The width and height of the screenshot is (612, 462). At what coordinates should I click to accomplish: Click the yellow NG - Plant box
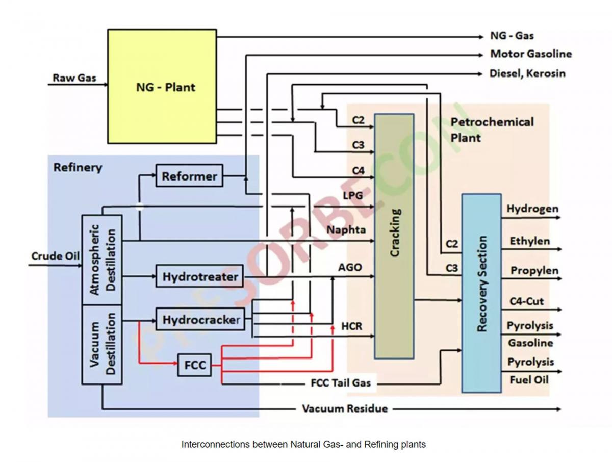coord(162,86)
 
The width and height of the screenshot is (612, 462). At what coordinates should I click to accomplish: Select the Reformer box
coord(189,176)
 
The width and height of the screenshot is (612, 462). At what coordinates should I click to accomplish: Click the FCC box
coord(194,365)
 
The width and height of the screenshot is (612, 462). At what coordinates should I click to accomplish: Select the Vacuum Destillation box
coord(102,344)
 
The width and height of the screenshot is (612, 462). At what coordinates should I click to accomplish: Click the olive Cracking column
coord(394,236)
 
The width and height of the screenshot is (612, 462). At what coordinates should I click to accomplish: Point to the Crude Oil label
coord(56,256)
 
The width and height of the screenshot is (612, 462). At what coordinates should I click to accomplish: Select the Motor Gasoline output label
coord(530,54)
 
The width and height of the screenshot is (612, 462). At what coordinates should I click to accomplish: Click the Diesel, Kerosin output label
coord(527,73)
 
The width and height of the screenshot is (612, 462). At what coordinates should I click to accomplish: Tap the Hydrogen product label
coord(532,209)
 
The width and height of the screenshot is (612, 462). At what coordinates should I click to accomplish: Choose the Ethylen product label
coord(529,241)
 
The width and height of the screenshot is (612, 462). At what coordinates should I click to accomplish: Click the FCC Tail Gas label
coord(340,382)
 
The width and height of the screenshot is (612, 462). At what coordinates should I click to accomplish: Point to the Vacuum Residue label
coord(345,408)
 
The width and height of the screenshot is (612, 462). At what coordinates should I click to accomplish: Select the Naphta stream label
coord(346,229)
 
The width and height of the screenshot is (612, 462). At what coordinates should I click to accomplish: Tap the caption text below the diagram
coord(303,444)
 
